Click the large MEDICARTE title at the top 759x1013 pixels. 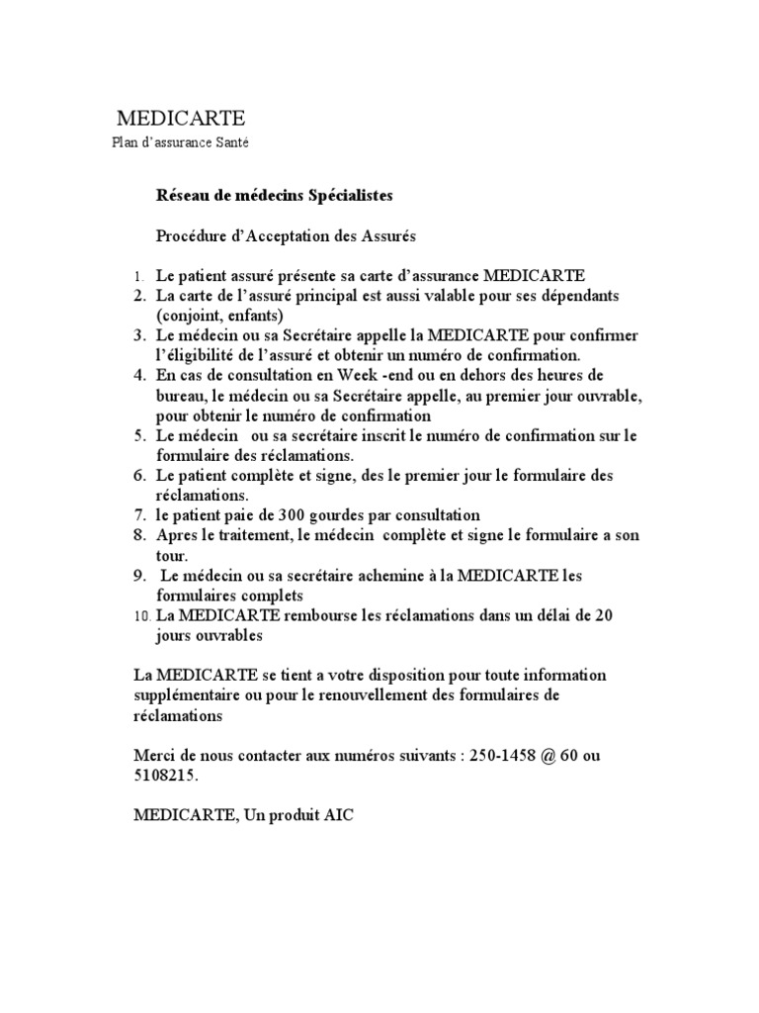pyautogui.click(x=182, y=120)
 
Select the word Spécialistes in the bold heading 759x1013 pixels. pyautogui.click(x=339, y=196)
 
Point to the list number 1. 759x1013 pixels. pyautogui.click(x=139, y=275)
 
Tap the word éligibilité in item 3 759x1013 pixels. pyautogui.click(x=209, y=355)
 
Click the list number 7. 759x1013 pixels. pyautogui.click(x=139, y=515)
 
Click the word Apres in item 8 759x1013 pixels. pyautogui.click(x=178, y=535)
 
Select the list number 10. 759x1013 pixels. pyautogui.click(x=140, y=615)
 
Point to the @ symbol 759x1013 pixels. pyautogui.click(x=559, y=756)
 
